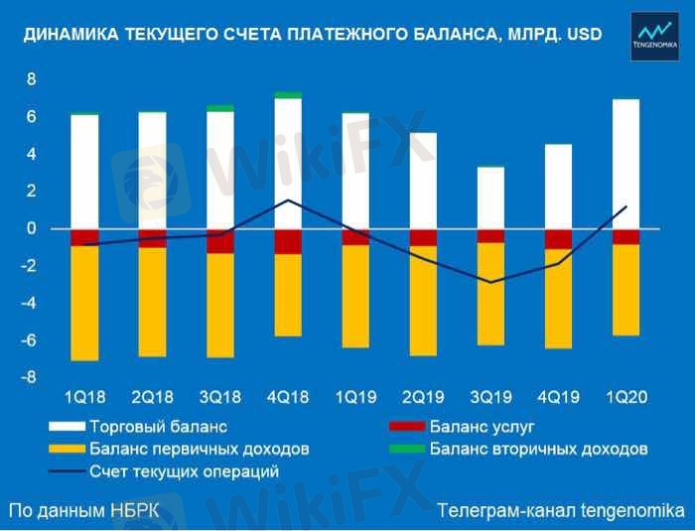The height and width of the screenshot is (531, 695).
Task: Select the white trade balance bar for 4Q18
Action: point(288,164)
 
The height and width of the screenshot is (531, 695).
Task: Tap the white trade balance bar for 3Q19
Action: point(490,198)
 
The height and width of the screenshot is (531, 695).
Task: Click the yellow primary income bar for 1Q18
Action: point(84,303)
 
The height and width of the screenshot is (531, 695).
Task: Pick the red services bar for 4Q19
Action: point(558,238)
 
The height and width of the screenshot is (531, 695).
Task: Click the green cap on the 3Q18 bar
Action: point(219,108)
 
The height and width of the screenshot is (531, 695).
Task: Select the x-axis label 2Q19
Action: point(423,397)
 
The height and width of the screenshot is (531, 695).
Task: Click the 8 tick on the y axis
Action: point(31,79)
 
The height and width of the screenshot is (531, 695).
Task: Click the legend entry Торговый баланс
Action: point(159,428)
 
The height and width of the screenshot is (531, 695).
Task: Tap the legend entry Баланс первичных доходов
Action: point(200,449)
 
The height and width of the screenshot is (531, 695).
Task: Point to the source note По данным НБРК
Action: point(83,511)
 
